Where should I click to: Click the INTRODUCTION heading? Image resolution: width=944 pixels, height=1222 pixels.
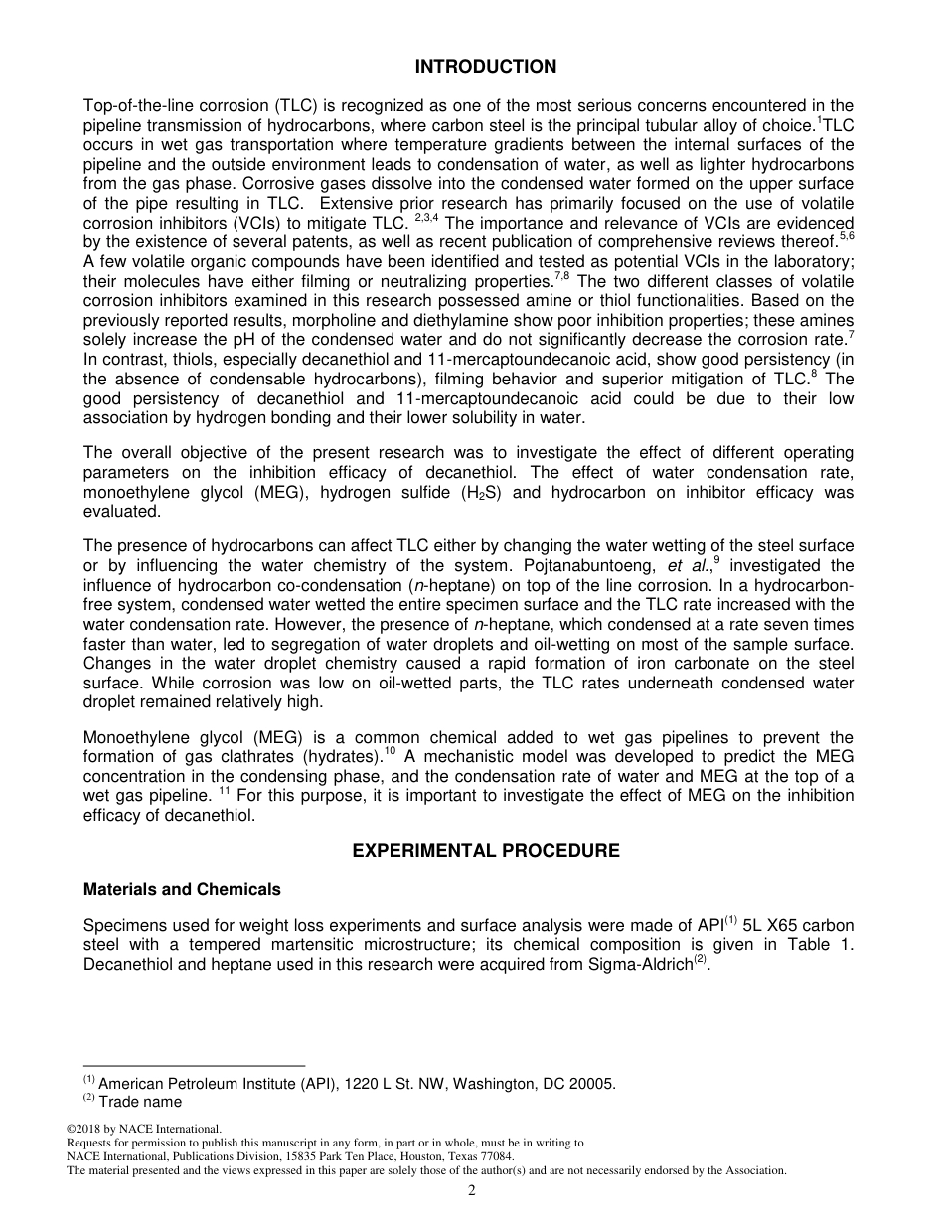(485, 67)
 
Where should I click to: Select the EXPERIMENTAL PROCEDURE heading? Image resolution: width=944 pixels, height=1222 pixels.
(485, 851)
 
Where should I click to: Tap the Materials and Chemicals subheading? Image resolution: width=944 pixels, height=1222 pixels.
(182, 889)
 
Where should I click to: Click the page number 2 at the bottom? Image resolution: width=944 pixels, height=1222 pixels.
(472, 1191)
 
